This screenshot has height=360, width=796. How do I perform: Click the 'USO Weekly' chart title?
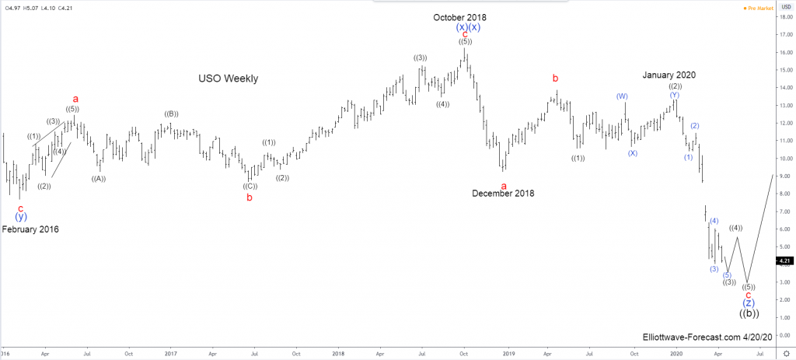(x=228, y=79)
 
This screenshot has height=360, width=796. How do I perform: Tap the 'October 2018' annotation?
(x=460, y=17)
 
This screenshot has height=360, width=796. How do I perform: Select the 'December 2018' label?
(x=503, y=194)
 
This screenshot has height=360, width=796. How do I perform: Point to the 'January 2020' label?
(x=669, y=75)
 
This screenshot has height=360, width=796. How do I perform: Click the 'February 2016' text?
(x=30, y=229)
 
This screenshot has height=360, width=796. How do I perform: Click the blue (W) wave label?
(x=622, y=96)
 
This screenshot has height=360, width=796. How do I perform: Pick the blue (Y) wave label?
(x=673, y=96)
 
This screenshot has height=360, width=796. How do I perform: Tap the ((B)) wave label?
(x=171, y=114)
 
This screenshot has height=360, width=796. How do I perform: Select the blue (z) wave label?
(x=748, y=303)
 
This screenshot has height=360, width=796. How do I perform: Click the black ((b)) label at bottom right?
(x=749, y=313)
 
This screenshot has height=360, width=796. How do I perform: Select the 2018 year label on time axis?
(x=338, y=352)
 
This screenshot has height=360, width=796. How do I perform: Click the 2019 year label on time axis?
(x=507, y=352)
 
